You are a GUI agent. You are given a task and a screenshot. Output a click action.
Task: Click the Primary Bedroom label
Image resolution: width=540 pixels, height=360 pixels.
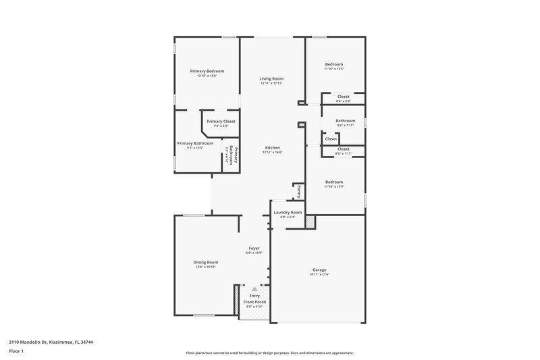tap(207, 71)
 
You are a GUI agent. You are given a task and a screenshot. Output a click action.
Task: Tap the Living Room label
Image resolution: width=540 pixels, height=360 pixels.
tap(271, 79)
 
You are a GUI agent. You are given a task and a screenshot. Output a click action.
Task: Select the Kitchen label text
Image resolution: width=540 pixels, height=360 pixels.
tap(272, 148)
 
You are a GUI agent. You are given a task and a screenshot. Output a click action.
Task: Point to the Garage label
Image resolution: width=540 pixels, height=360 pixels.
tap(319, 269)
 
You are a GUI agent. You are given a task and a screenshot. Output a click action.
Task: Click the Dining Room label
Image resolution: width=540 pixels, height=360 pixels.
tap(207, 262)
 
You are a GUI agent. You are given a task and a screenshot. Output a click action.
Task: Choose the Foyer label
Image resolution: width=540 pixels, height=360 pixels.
tap(254, 248)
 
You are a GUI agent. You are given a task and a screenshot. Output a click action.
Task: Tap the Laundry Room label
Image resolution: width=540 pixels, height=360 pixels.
tap(287, 213)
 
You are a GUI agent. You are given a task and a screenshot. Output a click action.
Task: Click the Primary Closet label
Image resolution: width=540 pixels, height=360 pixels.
tap(221, 122)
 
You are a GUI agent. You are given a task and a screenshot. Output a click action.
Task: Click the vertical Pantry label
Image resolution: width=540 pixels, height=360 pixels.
tap(297, 191)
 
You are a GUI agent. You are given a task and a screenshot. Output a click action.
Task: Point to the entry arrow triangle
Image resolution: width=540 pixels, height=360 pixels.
tap(254, 288)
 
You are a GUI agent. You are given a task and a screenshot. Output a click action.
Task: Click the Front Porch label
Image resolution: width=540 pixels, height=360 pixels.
tap(254, 302)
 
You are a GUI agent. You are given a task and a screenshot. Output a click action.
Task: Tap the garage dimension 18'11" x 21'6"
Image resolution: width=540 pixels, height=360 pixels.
tap(319, 274)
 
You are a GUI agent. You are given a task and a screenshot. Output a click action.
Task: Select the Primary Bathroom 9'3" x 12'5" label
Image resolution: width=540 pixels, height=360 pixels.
tap(195, 143)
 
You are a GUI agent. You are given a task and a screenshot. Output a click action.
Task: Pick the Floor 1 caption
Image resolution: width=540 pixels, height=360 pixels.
tap(16, 352)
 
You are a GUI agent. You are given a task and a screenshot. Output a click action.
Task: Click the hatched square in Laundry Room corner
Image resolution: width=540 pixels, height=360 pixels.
tap(309, 222)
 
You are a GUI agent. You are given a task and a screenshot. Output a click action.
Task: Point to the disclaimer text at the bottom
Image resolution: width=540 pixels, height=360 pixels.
tap(269, 353)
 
